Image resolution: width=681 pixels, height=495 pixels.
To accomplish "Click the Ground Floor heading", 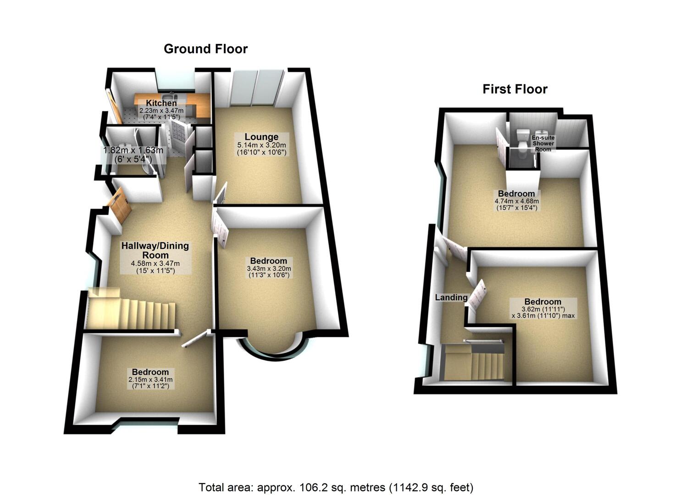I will pyautogui.click(x=205, y=49).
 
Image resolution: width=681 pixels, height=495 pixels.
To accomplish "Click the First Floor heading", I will pyautogui.click(x=515, y=89).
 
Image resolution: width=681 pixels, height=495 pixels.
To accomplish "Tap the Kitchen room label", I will pyautogui.click(x=161, y=103).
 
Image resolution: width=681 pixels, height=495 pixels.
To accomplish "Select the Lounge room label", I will pyautogui.click(x=261, y=137).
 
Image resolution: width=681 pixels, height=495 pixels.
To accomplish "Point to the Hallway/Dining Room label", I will pyautogui.click(x=155, y=250).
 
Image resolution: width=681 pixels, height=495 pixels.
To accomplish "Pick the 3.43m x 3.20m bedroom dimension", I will pyautogui.click(x=269, y=269).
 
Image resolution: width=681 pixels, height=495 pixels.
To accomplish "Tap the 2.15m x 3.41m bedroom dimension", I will pyautogui.click(x=150, y=380).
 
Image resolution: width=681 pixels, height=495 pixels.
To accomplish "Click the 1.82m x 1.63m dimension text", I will pyautogui.click(x=133, y=150).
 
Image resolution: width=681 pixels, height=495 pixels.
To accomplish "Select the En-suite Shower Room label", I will pyautogui.click(x=543, y=143).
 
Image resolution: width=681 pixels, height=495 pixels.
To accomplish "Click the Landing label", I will pyautogui.click(x=451, y=297).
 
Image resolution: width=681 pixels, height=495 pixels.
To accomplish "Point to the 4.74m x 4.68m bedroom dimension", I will pyautogui.click(x=516, y=201).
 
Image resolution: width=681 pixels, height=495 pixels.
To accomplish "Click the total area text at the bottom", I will pyautogui.click(x=336, y=487).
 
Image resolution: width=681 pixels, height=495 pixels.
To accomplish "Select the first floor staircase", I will pyautogui.click(x=477, y=362).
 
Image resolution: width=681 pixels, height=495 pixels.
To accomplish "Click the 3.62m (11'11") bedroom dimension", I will pyautogui.click(x=543, y=302).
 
